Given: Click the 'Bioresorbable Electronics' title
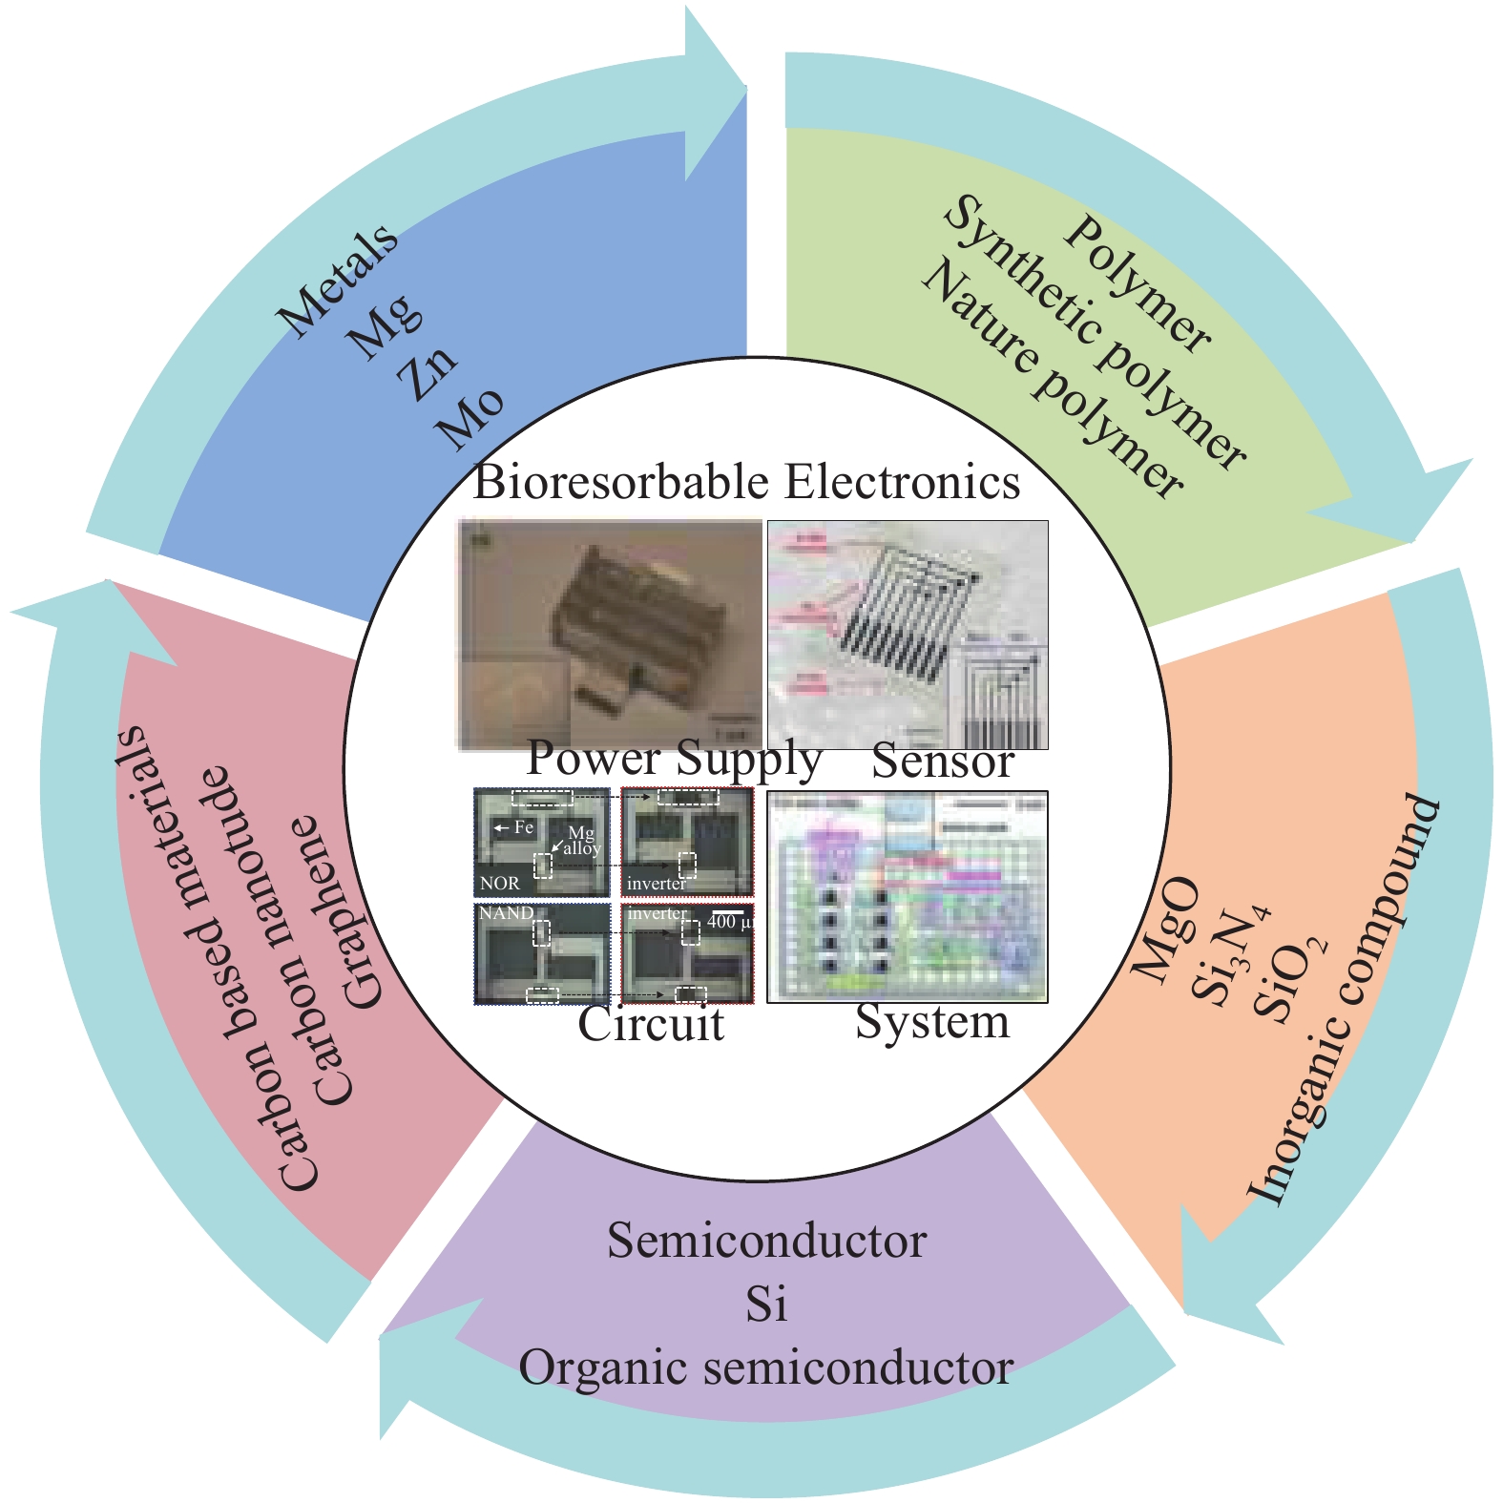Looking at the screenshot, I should click(746, 482).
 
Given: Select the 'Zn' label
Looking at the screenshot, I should click(428, 374).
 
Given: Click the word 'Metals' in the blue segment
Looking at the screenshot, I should click(338, 281).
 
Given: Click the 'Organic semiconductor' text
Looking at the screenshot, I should click(765, 1368).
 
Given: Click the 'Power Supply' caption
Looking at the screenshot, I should click(674, 759).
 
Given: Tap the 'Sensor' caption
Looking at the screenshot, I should click(942, 762).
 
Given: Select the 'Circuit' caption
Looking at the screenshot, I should click(651, 1025).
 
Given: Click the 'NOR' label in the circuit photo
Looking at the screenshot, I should click(500, 884).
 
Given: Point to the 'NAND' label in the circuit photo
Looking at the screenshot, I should click(507, 913).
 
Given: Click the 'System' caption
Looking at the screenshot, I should click(931, 1022).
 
